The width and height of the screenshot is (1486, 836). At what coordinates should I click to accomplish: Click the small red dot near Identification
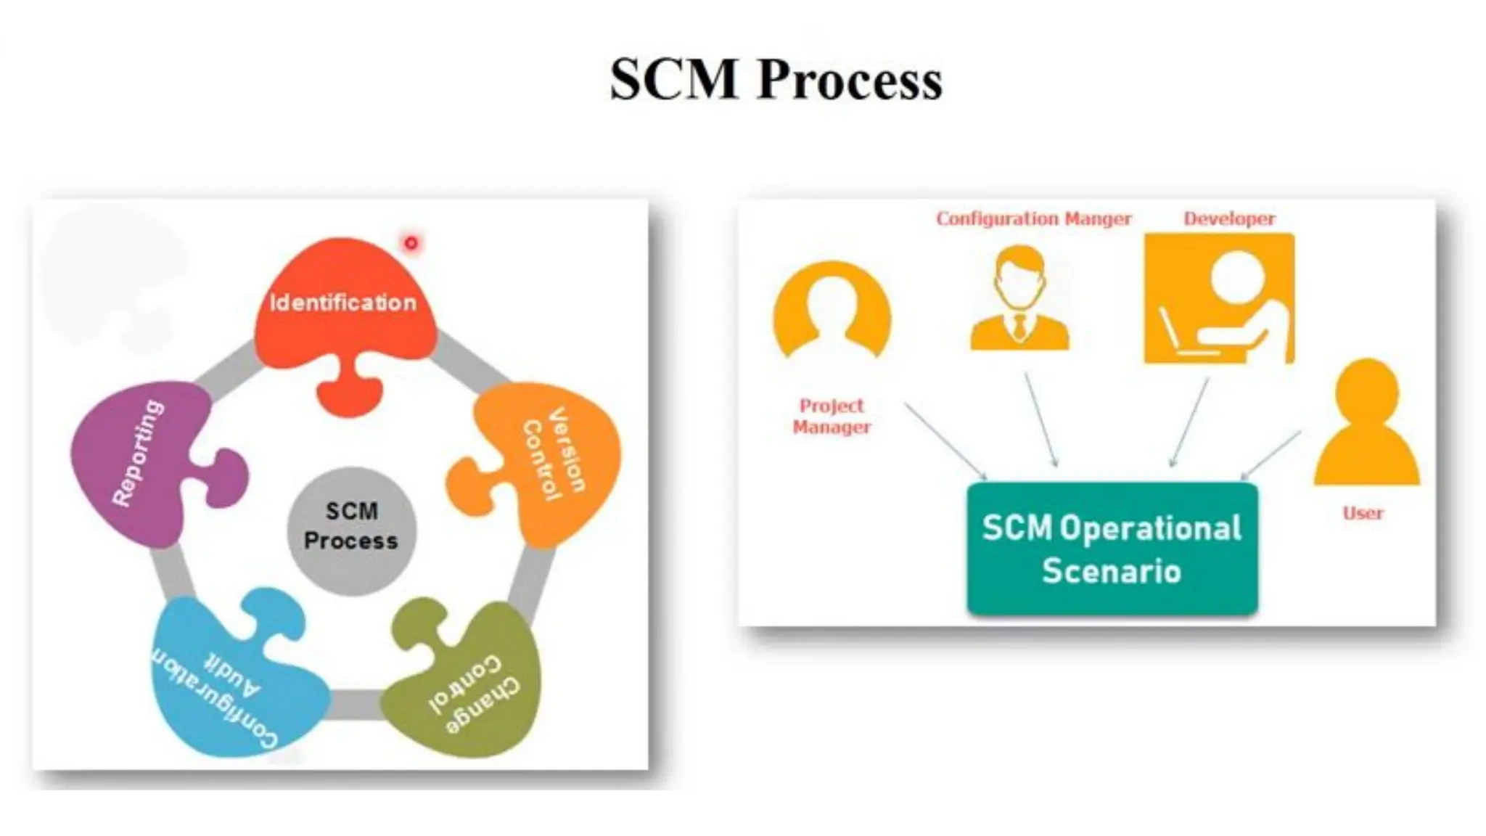click(x=411, y=243)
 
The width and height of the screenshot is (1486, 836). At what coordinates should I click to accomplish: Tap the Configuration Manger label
click(x=1033, y=218)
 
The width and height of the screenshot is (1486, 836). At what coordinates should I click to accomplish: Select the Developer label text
click(x=1229, y=218)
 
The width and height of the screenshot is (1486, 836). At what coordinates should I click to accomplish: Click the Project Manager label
click(x=832, y=416)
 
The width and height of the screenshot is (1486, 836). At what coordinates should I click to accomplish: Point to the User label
click(x=1363, y=513)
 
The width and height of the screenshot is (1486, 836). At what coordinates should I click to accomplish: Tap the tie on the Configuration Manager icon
click(x=1020, y=327)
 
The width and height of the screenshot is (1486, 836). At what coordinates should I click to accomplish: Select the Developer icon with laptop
click(x=1219, y=298)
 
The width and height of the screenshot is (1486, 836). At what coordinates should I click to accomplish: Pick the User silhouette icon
click(x=1367, y=425)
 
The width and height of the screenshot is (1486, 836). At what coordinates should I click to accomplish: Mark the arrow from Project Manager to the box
click(x=945, y=440)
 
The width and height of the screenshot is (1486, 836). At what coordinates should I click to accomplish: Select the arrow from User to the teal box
click(x=1271, y=455)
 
